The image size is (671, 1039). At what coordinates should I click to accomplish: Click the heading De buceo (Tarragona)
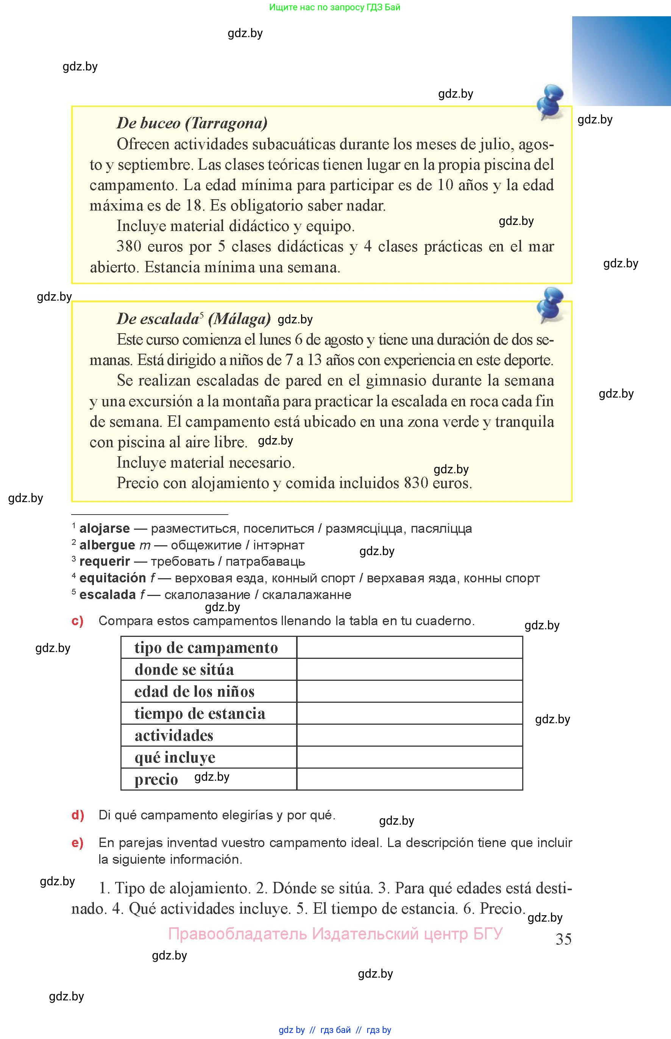point(192,123)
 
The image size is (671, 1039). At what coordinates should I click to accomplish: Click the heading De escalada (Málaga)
point(193,319)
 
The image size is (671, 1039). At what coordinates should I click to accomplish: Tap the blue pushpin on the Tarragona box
point(550,101)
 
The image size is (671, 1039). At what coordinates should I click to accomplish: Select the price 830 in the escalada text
point(416,483)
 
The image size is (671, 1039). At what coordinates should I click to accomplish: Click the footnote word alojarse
point(105,529)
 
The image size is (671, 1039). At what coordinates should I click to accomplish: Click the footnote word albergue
point(107,545)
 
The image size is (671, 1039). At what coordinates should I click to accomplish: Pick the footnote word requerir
point(105,562)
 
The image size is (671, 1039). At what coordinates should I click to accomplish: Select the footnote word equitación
point(112,578)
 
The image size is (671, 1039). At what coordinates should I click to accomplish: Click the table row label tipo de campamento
point(206,648)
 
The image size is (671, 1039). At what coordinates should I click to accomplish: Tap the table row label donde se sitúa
point(184,669)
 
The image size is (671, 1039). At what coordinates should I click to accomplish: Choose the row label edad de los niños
point(194,692)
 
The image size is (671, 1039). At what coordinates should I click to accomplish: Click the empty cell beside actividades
point(410,735)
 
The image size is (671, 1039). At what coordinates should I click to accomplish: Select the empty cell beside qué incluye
point(410,757)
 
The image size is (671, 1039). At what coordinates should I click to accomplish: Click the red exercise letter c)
point(78,621)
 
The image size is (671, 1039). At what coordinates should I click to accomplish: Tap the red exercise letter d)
point(78,815)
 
